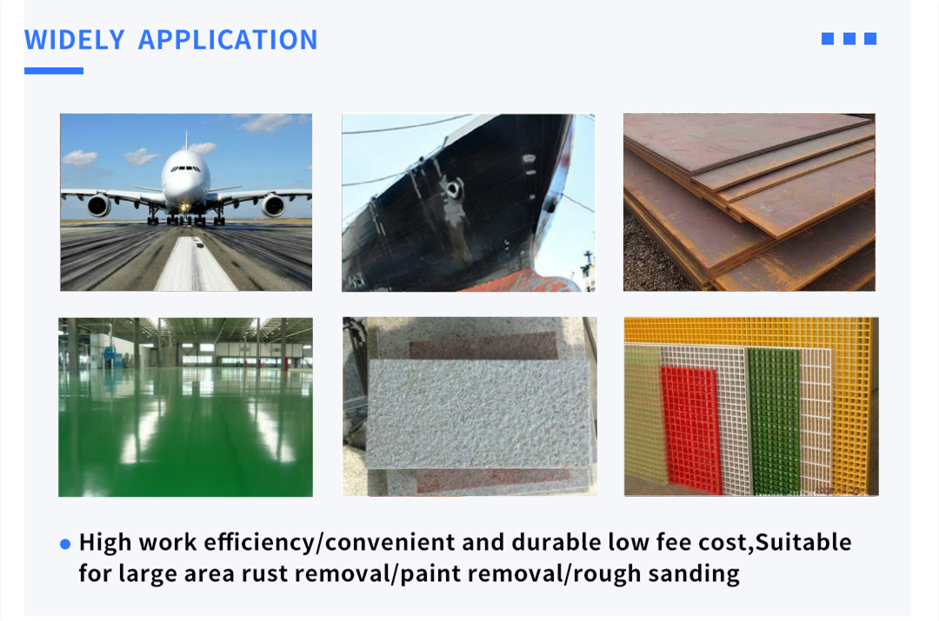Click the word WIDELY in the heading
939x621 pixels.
coord(74,40)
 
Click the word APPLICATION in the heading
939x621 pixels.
coord(228,40)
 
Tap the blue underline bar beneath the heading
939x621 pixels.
coord(54,70)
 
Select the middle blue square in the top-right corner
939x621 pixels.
coord(849,39)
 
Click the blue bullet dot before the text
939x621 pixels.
coord(65,544)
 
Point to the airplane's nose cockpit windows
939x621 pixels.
coord(186,169)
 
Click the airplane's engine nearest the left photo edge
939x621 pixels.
coord(99,205)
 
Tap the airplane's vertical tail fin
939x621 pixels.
coord(186,141)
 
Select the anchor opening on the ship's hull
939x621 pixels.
coord(453,189)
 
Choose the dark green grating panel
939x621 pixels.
coord(775,422)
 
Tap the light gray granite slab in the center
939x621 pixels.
coord(479,413)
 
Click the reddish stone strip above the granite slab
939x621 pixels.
coord(484,346)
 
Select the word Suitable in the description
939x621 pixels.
coord(803,542)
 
